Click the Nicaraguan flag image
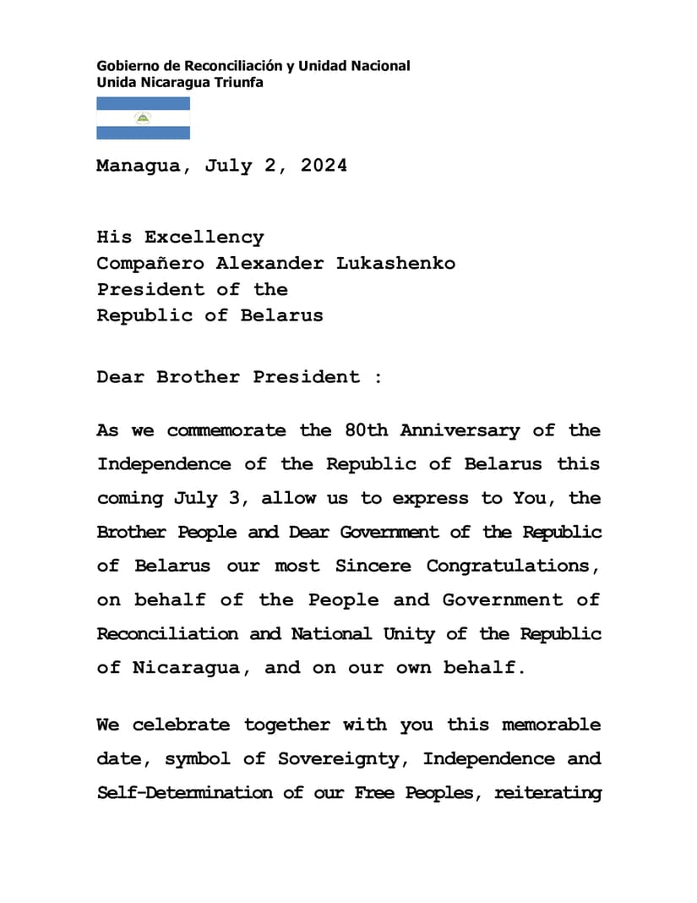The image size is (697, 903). (x=143, y=118)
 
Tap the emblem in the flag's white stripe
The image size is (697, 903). (x=143, y=118)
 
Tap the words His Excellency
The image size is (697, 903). (x=180, y=237)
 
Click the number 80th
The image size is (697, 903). (x=366, y=430)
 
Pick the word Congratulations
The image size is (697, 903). (x=510, y=566)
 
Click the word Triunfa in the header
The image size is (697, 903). (x=239, y=83)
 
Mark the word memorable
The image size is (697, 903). (x=551, y=725)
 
